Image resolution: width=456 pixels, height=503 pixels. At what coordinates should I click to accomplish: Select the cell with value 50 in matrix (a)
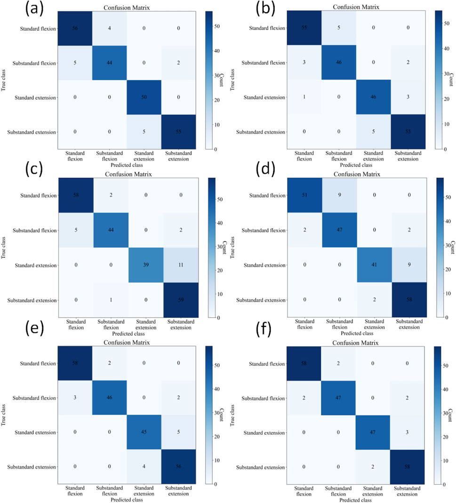coord(144,97)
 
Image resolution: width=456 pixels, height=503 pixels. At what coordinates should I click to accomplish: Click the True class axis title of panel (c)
coord(4,248)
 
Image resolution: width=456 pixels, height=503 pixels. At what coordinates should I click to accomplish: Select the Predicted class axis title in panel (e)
coord(127,499)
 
